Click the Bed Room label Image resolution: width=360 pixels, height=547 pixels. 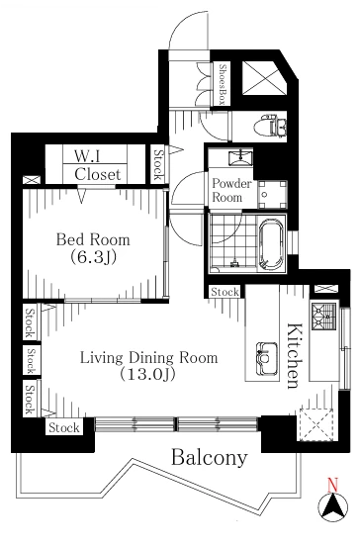coord(93,240)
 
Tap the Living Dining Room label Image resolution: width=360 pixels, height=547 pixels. coord(149,358)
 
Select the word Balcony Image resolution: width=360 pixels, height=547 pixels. coord(210,457)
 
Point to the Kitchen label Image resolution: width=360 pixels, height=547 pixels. coord(294,356)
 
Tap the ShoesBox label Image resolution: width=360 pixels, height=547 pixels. coord(223,84)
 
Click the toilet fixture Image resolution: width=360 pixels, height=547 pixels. coord(270,126)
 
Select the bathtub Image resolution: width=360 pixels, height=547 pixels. coord(271,245)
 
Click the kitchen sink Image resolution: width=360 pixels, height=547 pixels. coord(267,359)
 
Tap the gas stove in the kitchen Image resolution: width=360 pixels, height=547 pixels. coord(324,317)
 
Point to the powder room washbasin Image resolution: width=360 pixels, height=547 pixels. coord(240,157)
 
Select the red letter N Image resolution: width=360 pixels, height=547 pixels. coord(333,486)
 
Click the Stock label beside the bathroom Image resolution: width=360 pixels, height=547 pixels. coord(225,292)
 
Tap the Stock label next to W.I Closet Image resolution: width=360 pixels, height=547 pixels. coord(158,164)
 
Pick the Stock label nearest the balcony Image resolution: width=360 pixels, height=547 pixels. coord(64,427)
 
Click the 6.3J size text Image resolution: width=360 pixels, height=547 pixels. coord(93,257)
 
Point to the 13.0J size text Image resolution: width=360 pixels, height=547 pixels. coord(147,375)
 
